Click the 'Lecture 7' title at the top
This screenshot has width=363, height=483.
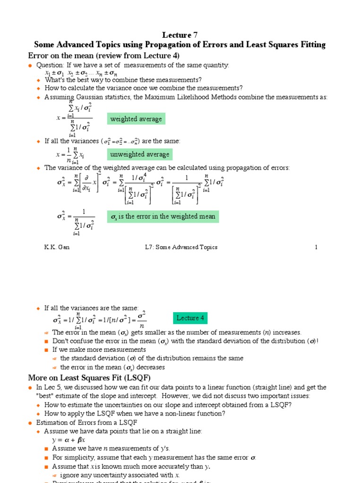click(180, 35)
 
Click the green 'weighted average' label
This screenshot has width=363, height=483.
click(136, 119)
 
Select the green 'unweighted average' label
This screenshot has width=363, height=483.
click(139, 155)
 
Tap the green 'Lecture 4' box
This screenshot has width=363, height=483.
click(190, 318)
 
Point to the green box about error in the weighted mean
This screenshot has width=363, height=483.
click(163, 217)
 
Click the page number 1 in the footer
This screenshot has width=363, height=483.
click(316, 247)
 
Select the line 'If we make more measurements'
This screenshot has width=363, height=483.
click(99, 350)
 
